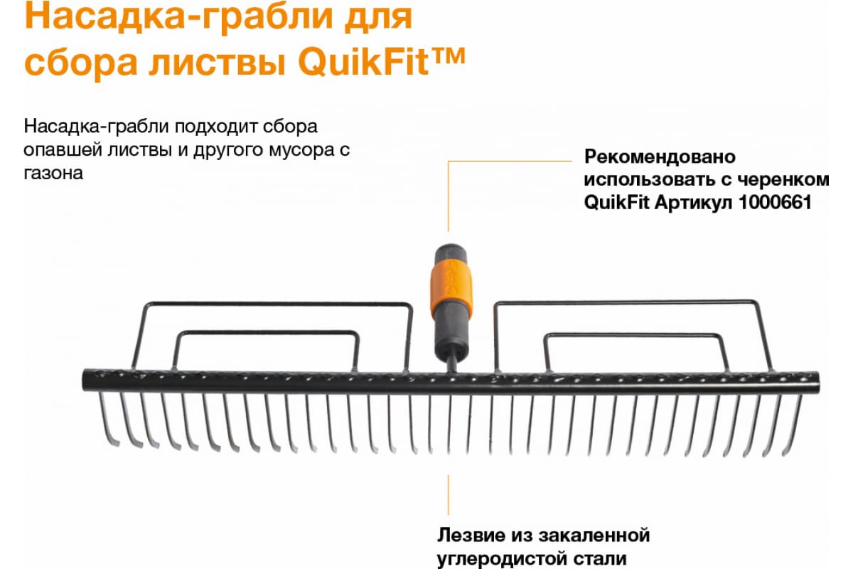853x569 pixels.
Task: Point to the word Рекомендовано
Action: click(x=659, y=156)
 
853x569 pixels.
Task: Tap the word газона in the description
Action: click(x=53, y=173)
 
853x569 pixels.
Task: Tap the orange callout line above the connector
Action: click(x=448, y=196)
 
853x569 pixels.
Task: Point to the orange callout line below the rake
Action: click(x=448, y=494)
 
